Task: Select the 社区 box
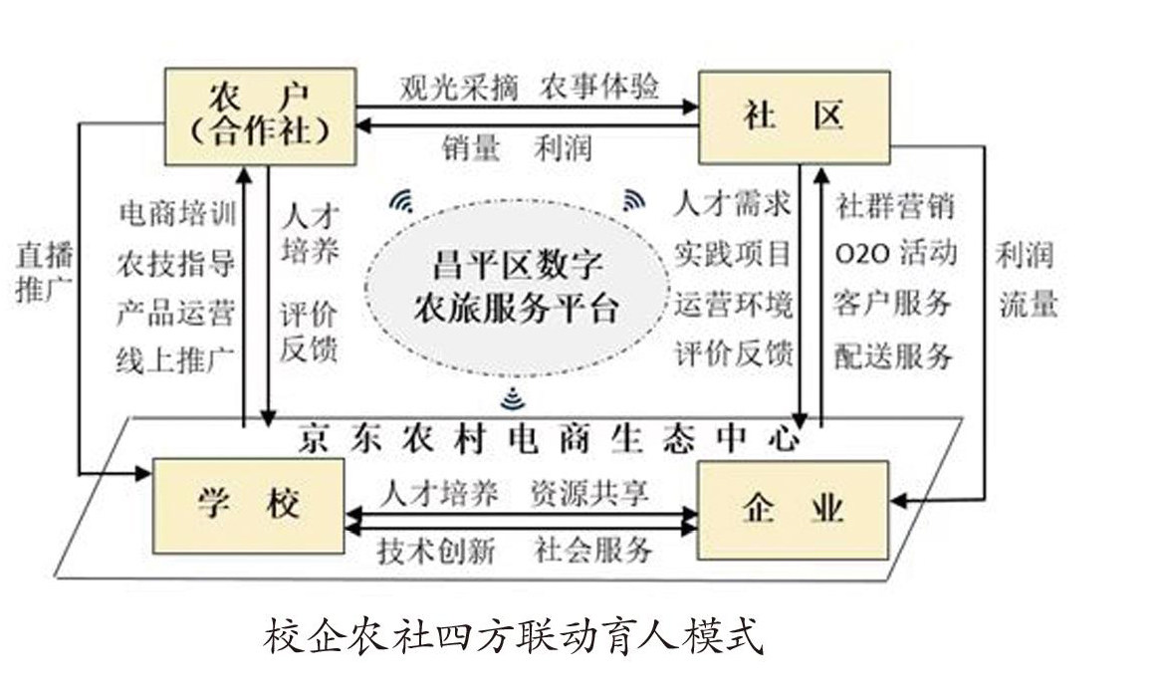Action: coord(793,116)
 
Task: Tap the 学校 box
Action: coord(250,506)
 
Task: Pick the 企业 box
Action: coord(794,506)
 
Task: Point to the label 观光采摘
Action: coord(459,87)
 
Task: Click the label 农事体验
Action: coord(599,87)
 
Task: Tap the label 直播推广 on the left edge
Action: coord(45,274)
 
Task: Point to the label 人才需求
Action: coord(733,204)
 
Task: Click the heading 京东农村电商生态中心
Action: coord(549,438)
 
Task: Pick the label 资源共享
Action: coord(588,494)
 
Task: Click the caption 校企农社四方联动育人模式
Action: coord(513,637)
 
